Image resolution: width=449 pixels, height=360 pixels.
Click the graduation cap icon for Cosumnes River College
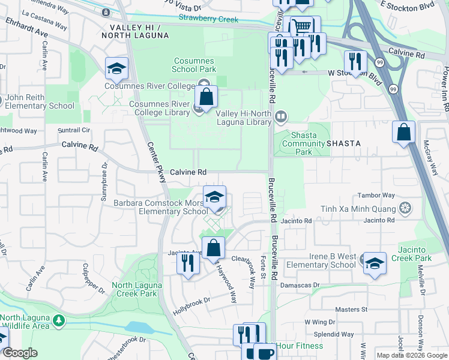(x=117, y=68)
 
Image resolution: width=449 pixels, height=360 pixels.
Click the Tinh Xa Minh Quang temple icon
(x=406, y=208)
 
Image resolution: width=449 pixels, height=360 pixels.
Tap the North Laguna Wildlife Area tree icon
(x=58, y=321)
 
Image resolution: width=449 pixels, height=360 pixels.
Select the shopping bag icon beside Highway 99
(x=404, y=133)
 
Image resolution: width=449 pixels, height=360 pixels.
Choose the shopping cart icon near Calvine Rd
(x=301, y=26)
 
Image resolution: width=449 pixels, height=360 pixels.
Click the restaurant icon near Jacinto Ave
(x=188, y=262)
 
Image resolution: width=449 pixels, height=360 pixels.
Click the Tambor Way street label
(x=376, y=196)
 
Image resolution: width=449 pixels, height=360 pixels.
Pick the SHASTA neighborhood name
(x=343, y=144)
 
